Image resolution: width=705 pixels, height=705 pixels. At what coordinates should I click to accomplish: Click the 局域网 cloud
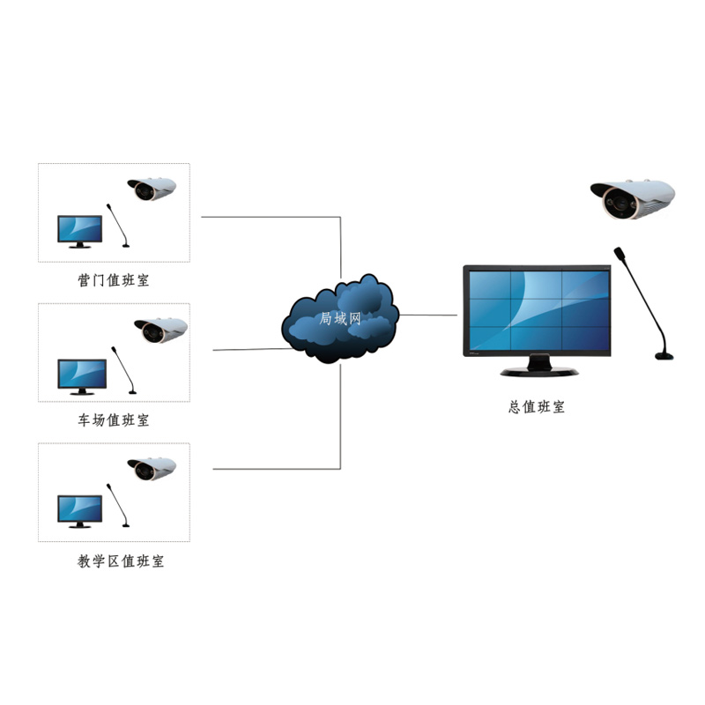tap(340, 319)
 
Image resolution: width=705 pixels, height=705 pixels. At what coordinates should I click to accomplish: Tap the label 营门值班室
tap(114, 281)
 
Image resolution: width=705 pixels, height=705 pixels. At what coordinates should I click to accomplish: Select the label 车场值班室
tap(114, 420)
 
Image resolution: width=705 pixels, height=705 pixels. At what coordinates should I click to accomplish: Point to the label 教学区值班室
tap(121, 560)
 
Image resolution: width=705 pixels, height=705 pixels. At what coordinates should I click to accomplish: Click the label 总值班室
tap(537, 406)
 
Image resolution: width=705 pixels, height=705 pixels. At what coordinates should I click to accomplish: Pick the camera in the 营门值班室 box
tap(152, 189)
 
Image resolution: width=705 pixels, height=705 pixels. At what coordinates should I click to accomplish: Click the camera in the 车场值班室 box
tap(161, 330)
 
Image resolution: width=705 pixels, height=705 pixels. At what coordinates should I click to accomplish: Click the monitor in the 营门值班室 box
tap(80, 230)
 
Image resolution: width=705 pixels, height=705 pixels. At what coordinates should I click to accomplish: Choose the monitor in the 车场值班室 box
tap(82, 375)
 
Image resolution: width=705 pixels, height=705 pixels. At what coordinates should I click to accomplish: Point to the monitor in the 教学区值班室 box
tap(80, 510)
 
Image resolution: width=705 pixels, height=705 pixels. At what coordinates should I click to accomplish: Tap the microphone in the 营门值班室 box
tap(117, 226)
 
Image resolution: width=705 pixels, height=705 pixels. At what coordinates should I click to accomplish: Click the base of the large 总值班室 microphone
tap(665, 356)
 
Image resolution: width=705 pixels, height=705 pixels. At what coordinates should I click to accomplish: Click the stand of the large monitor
tap(539, 366)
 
